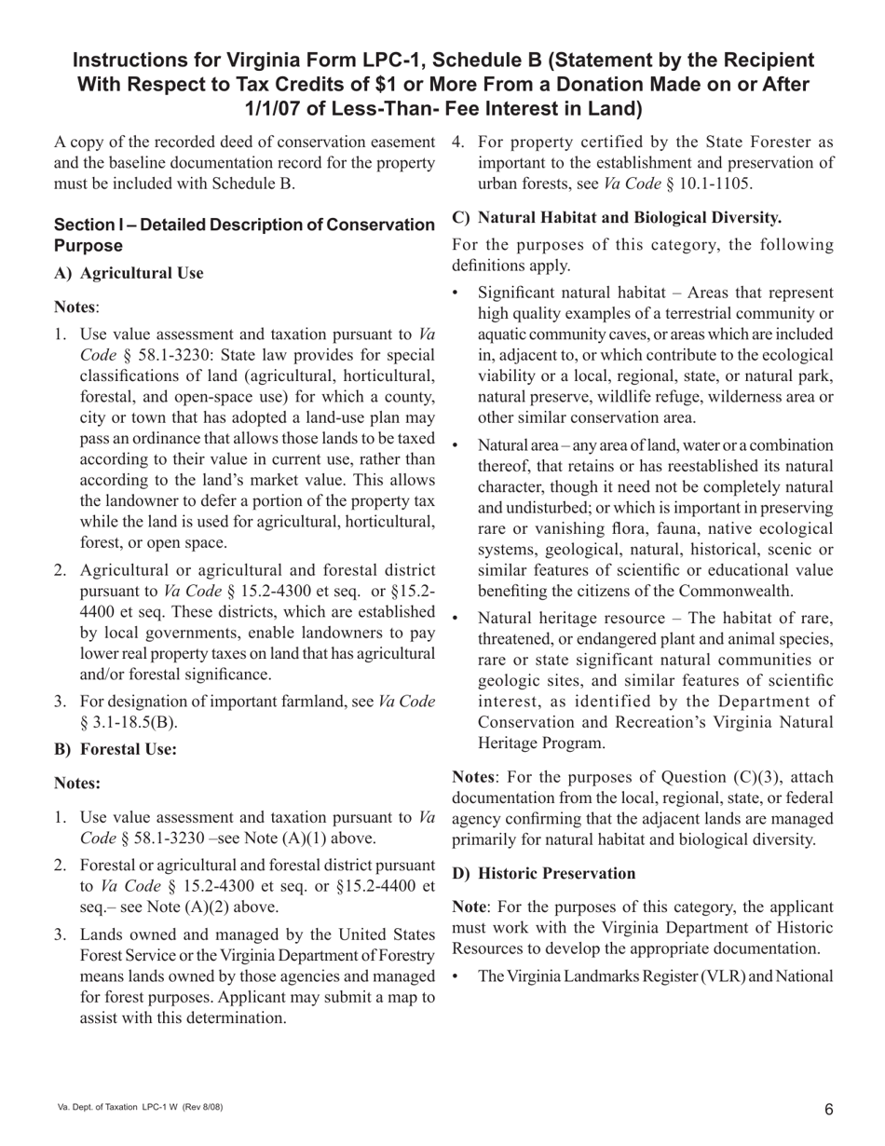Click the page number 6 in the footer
(x=828, y=1109)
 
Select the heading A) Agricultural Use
(x=129, y=273)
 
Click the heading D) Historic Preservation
(x=544, y=873)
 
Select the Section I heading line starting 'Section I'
(x=244, y=225)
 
